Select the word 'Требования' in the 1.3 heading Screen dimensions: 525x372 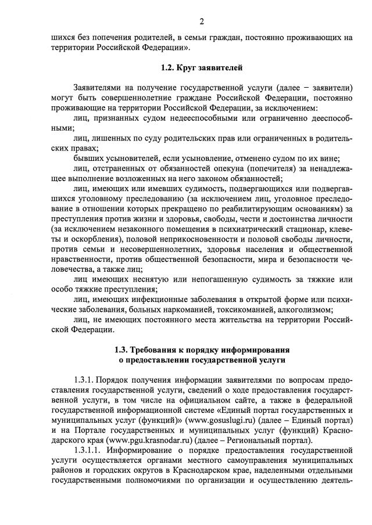(155, 350)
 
